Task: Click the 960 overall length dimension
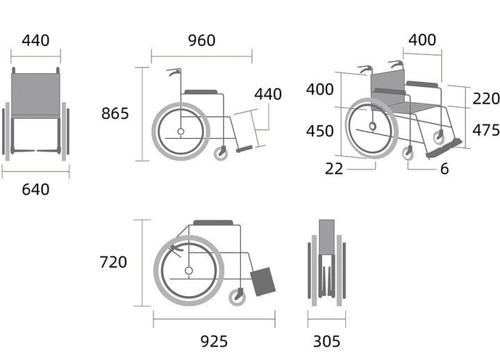click(x=201, y=40)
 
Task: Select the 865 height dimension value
click(x=115, y=113)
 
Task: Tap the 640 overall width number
click(x=35, y=190)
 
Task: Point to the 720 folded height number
click(x=113, y=262)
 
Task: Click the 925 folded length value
click(x=214, y=341)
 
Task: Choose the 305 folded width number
click(x=326, y=341)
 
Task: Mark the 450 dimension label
click(x=320, y=131)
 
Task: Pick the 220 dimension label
click(x=485, y=99)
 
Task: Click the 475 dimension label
click(x=485, y=130)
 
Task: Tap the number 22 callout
click(x=334, y=169)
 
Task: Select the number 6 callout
click(x=444, y=169)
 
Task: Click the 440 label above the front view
click(x=35, y=40)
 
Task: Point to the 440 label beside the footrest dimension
click(x=268, y=95)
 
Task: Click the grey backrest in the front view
click(x=35, y=95)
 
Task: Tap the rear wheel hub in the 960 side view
click(x=181, y=131)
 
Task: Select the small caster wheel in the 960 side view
click(x=221, y=154)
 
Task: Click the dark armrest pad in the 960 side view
click(x=201, y=92)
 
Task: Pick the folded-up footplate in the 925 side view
click(x=262, y=281)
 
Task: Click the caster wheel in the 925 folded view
click(x=237, y=297)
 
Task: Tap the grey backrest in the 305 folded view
click(x=327, y=237)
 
